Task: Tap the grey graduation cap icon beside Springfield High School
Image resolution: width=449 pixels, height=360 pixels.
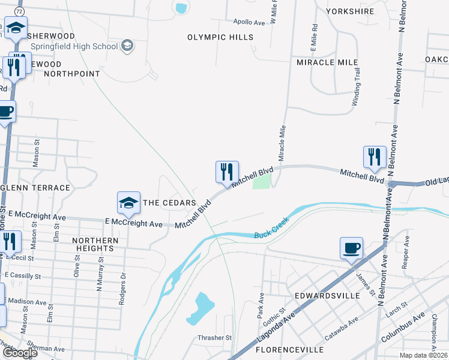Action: (x=127, y=46)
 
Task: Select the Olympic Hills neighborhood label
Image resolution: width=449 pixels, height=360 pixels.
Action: (x=220, y=37)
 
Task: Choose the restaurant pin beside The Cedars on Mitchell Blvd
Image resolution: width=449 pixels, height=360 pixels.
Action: (x=227, y=173)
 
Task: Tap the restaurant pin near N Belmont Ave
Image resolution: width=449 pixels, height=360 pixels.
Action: (x=375, y=157)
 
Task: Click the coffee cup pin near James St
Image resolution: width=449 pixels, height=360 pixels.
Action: (x=351, y=248)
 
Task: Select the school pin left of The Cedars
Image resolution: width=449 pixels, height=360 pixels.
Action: (x=128, y=203)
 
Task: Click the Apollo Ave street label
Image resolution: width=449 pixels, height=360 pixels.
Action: (x=250, y=22)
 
